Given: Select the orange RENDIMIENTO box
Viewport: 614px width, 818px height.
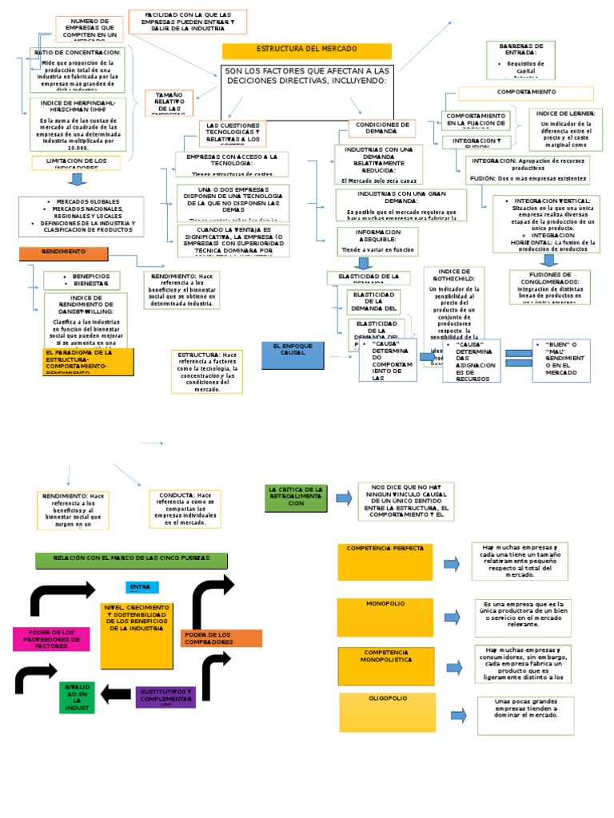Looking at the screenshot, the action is [63, 253].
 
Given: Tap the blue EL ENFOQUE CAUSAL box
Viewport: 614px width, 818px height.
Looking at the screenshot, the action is [293, 354].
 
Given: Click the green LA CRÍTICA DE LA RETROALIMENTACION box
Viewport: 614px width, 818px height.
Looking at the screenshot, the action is [296, 498].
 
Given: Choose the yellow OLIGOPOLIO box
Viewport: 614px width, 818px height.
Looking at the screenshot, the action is [388, 712].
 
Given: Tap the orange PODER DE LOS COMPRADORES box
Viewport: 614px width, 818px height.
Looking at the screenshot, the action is [221, 638].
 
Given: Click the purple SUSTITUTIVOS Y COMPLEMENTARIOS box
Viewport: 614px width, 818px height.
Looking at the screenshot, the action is [165, 695].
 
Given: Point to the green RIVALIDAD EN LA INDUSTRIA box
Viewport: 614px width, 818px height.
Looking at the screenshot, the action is [78, 697].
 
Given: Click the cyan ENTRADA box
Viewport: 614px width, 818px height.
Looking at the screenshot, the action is [142, 587].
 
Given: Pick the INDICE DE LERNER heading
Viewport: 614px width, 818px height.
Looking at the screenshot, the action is [566, 113].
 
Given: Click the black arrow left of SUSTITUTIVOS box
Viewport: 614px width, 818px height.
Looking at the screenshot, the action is [118, 693].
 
